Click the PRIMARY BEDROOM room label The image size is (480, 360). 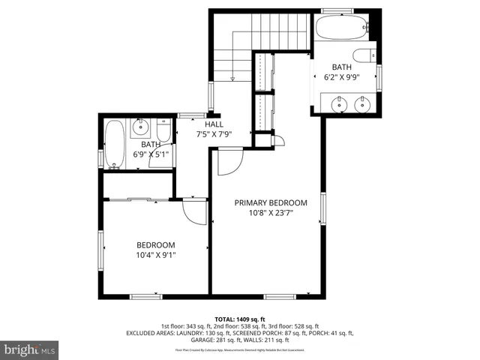click(271, 202)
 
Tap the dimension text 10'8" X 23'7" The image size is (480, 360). click(271, 212)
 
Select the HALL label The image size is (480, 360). click(214, 124)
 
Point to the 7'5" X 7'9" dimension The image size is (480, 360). click(214, 134)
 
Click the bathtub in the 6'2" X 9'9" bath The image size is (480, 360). click(340, 29)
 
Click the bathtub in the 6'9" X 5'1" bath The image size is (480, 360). click(115, 144)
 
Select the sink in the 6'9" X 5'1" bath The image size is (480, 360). click(142, 127)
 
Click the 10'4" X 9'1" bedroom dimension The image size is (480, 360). click(155, 255)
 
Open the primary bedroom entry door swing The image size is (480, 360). click(229, 160)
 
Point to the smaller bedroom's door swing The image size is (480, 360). click(194, 211)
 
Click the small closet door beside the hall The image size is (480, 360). click(277, 139)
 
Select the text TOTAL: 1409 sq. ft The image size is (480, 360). click(240, 319)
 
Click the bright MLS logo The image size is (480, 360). click(30, 349)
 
